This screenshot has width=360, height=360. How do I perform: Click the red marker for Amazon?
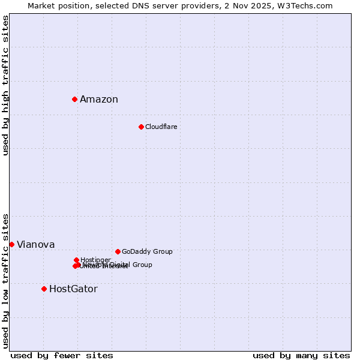(74, 99)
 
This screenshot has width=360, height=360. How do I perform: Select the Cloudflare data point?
(141, 127)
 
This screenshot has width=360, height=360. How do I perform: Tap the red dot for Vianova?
(11, 244)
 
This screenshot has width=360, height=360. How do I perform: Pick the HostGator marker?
(44, 289)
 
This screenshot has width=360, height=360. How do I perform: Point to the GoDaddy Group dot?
(118, 251)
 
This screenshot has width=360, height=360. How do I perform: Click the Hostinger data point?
(76, 260)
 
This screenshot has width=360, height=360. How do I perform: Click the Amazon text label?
(99, 100)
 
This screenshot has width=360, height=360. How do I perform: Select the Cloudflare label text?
(161, 127)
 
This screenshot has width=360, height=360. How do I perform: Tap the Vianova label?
(35, 245)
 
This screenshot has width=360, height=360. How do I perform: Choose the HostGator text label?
(73, 289)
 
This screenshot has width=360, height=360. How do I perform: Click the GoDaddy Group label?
(147, 252)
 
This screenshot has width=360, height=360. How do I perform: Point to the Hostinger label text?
(95, 260)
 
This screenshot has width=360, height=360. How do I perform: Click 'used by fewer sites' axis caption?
(62, 355)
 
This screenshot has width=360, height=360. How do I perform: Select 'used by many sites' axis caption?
(301, 355)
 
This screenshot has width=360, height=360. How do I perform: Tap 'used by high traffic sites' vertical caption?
(5, 85)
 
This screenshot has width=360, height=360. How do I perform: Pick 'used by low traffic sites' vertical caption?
(5, 280)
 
